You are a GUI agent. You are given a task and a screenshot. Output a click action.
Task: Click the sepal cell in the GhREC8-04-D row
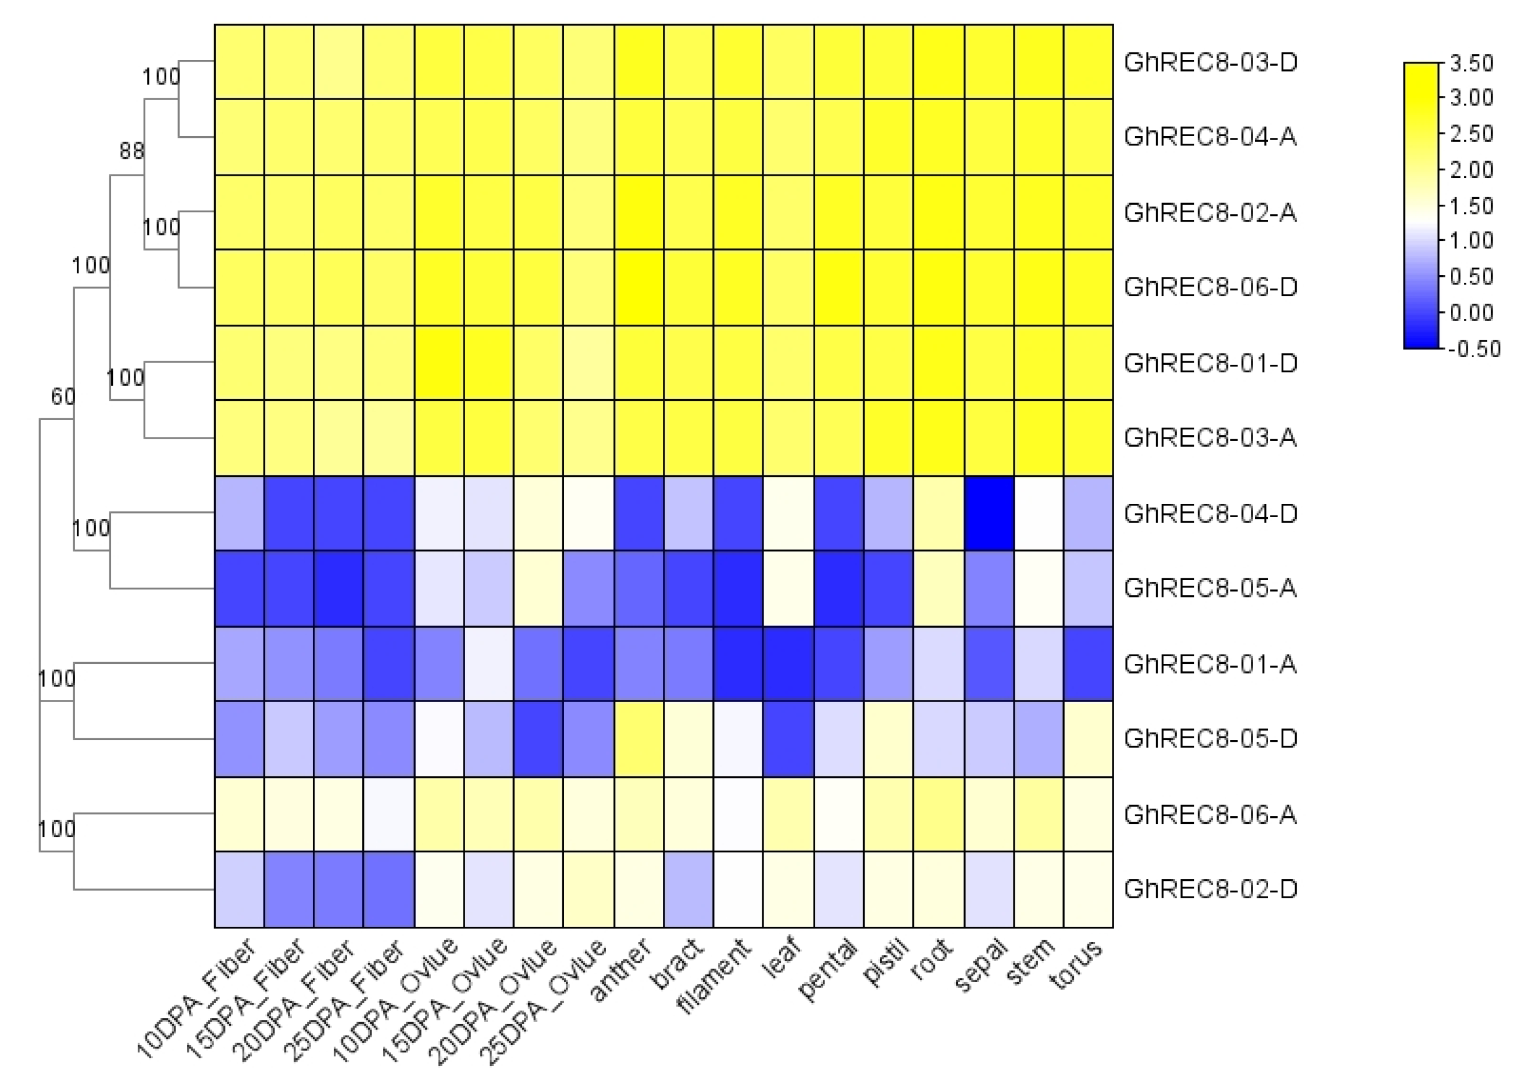tap(989, 514)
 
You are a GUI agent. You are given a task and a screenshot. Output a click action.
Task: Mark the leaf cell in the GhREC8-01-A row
tap(788, 664)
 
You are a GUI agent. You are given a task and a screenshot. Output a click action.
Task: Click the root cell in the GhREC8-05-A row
tap(939, 589)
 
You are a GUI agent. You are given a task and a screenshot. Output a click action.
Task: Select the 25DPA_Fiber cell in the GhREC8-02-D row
tap(388, 889)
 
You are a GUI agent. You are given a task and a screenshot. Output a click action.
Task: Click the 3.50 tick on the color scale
tap(1471, 63)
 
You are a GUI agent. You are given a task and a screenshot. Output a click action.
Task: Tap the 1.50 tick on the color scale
tap(1471, 206)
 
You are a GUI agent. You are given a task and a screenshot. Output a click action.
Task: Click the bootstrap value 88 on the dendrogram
tap(131, 151)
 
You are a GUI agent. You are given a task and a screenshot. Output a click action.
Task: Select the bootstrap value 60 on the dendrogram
tap(62, 397)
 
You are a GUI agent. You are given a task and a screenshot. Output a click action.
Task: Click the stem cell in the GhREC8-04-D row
tap(1039, 514)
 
